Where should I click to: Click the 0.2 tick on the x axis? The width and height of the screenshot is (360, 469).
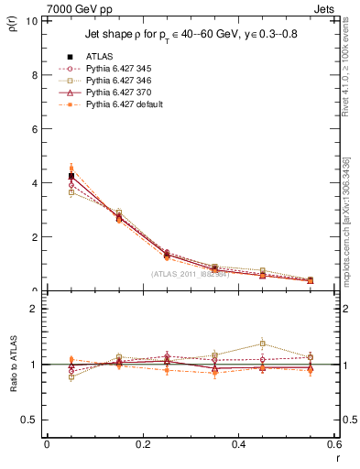point(143,444)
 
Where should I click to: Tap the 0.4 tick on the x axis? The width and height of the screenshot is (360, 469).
point(239,444)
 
